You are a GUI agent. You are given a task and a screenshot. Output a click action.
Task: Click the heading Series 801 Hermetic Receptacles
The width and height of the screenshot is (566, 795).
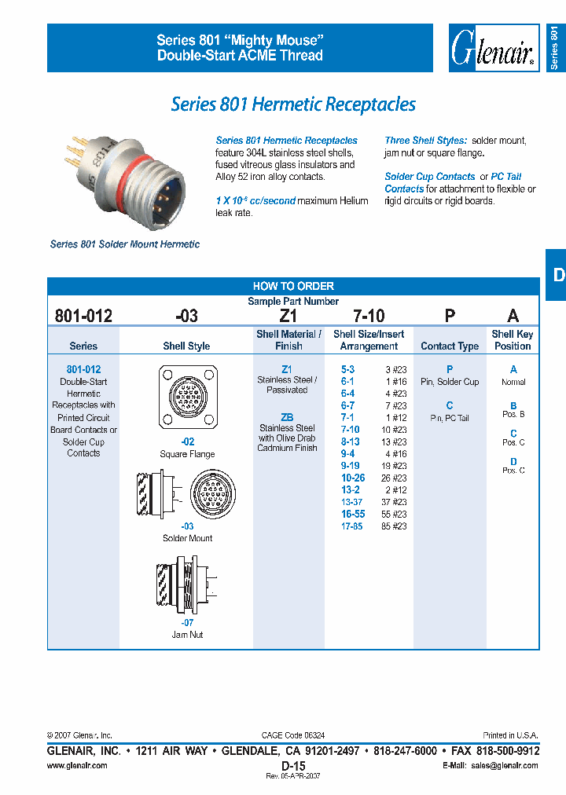point(293,104)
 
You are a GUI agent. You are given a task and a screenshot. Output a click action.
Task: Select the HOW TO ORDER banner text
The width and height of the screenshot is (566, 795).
point(293,286)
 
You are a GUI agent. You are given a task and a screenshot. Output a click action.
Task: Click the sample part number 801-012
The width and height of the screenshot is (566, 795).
point(83,316)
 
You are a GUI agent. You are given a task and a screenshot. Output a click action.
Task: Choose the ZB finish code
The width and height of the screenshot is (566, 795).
point(287,416)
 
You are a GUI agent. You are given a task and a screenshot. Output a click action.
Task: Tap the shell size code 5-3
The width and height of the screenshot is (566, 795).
point(347,369)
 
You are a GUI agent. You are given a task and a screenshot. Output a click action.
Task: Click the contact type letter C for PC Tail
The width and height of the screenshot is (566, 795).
point(450,405)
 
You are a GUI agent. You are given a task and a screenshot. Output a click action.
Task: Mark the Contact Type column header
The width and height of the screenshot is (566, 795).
point(450,346)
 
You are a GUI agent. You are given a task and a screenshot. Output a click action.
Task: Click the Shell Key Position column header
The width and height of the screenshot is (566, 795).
point(513,339)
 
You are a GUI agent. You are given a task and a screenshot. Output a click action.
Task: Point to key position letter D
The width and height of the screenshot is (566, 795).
point(513,462)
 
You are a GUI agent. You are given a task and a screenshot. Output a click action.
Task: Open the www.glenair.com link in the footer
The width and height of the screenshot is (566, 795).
point(77,765)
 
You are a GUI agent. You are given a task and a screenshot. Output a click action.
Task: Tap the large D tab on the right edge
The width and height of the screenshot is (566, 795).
point(557,274)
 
